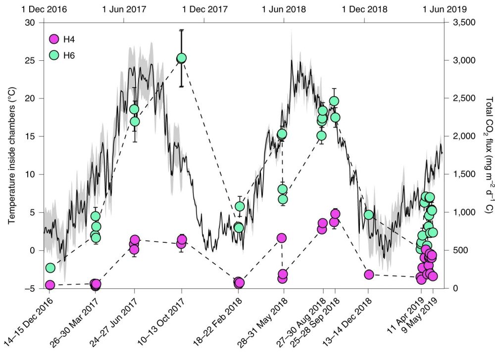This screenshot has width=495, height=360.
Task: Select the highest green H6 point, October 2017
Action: click(x=181, y=58)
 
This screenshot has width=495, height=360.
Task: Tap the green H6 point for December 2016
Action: click(x=50, y=268)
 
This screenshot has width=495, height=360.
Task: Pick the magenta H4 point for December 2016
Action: click(x=50, y=285)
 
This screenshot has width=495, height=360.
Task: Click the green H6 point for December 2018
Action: click(x=368, y=215)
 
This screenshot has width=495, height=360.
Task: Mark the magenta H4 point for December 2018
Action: click(x=368, y=274)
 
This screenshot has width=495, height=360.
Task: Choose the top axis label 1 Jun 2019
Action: click(x=442, y=8)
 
